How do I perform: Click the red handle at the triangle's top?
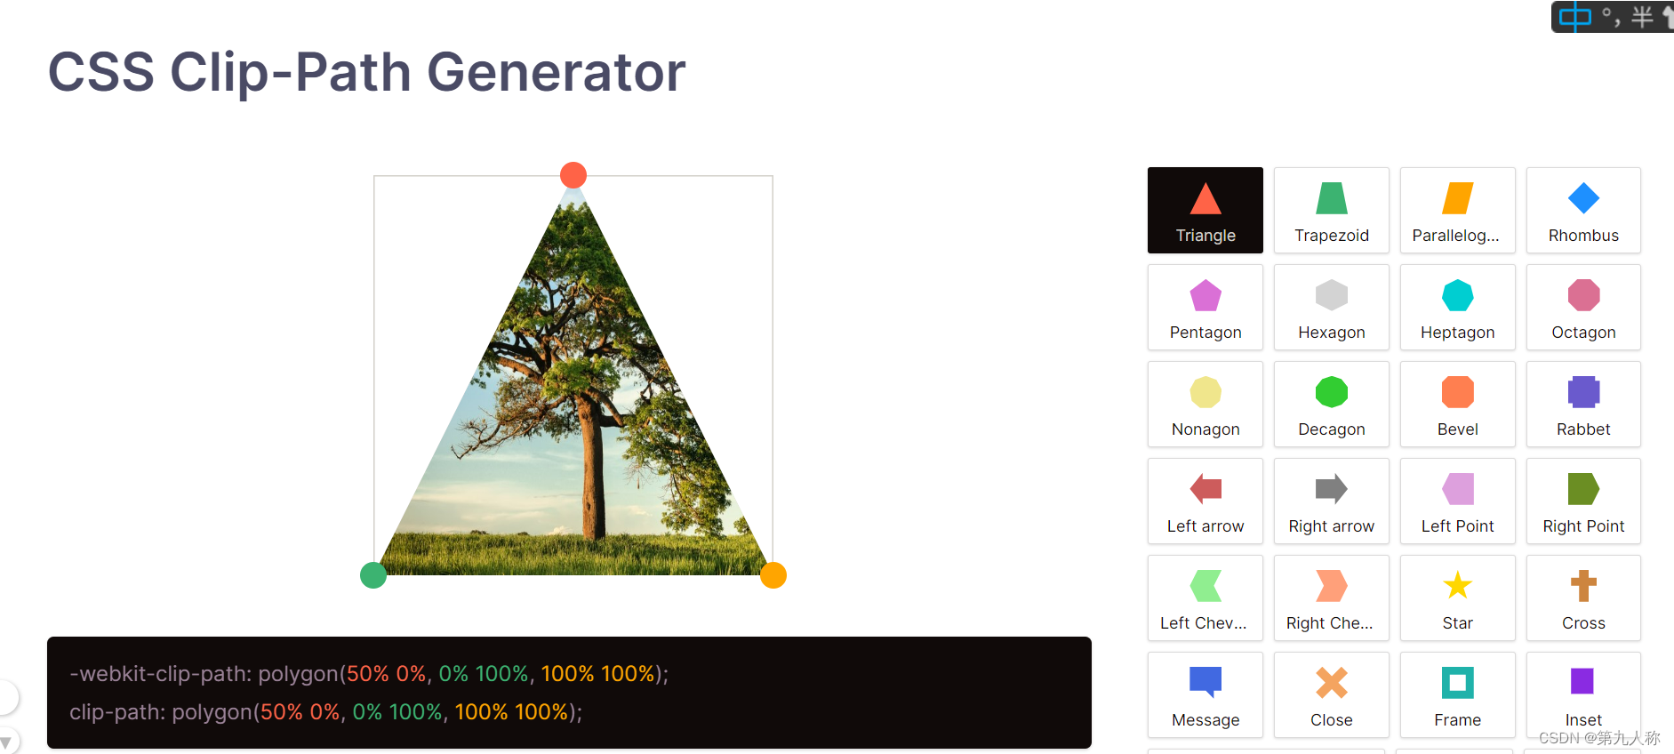(x=573, y=175)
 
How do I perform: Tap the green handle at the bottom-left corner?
(x=373, y=575)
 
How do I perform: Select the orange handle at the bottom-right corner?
(x=773, y=575)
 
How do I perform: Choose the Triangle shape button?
(x=1205, y=211)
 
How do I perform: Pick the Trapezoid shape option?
(x=1331, y=211)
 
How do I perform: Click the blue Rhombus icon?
(x=1583, y=198)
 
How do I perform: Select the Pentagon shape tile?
(x=1205, y=308)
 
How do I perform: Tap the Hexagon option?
(x=1331, y=308)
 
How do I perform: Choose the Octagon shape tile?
(x=1583, y=308)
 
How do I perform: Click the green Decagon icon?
(x=1331, y=392)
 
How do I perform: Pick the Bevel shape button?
(x=1457, y=405)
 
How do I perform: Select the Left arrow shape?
(x=1205, y=501)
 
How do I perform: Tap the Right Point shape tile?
(x=1583, y=501)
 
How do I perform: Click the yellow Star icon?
(x=1457, y=586)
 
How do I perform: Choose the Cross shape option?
(x=1583, y=598)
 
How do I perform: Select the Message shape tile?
(x=1205, y=695)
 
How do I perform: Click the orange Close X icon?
(x=1331, y=683)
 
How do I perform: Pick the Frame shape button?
(x=1457, y=695)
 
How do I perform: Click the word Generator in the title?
(x=556, y=72)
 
